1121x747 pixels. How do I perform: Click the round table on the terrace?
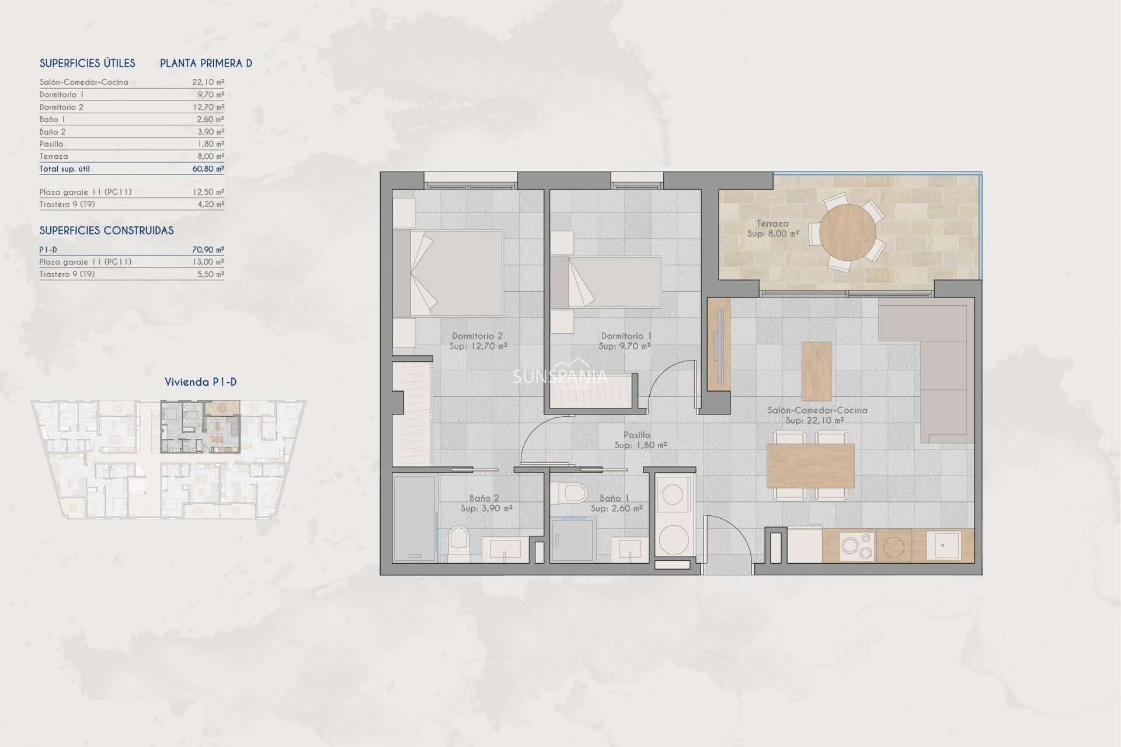847,232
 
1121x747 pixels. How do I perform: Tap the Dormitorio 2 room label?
477,336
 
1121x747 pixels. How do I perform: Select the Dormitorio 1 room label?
626,336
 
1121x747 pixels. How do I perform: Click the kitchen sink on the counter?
943,545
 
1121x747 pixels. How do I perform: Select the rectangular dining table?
810,466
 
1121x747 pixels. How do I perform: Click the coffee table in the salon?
816,371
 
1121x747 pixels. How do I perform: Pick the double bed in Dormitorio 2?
448,273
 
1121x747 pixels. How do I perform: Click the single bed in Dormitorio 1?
606,282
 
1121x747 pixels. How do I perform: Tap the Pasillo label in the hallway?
636,435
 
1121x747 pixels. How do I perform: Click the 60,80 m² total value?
208,169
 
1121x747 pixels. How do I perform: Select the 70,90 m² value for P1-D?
208,250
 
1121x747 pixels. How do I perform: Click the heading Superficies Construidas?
106,231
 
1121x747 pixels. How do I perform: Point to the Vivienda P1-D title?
200,382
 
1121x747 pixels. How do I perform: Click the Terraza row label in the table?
54,156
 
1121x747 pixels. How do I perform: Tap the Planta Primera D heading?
206,64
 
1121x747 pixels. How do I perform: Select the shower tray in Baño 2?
414,518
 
